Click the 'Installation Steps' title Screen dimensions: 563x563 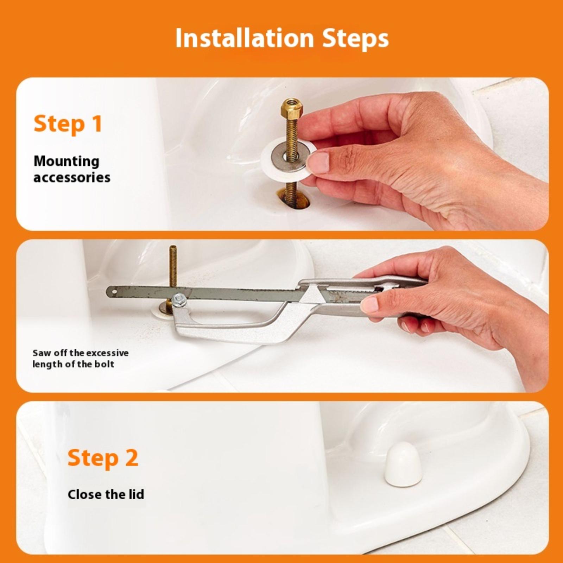click(282, 38)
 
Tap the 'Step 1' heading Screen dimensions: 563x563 click(68, 124)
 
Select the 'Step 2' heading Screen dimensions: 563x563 click(103, 458)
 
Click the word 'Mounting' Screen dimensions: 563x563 click(67, 162)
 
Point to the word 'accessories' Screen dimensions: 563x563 click(72, 177)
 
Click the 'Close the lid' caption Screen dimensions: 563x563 click(106, 494)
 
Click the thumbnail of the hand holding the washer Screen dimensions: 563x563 click(318, 162)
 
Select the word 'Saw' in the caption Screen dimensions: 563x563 click(41, 353)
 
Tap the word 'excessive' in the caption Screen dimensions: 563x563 click(107, 353)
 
